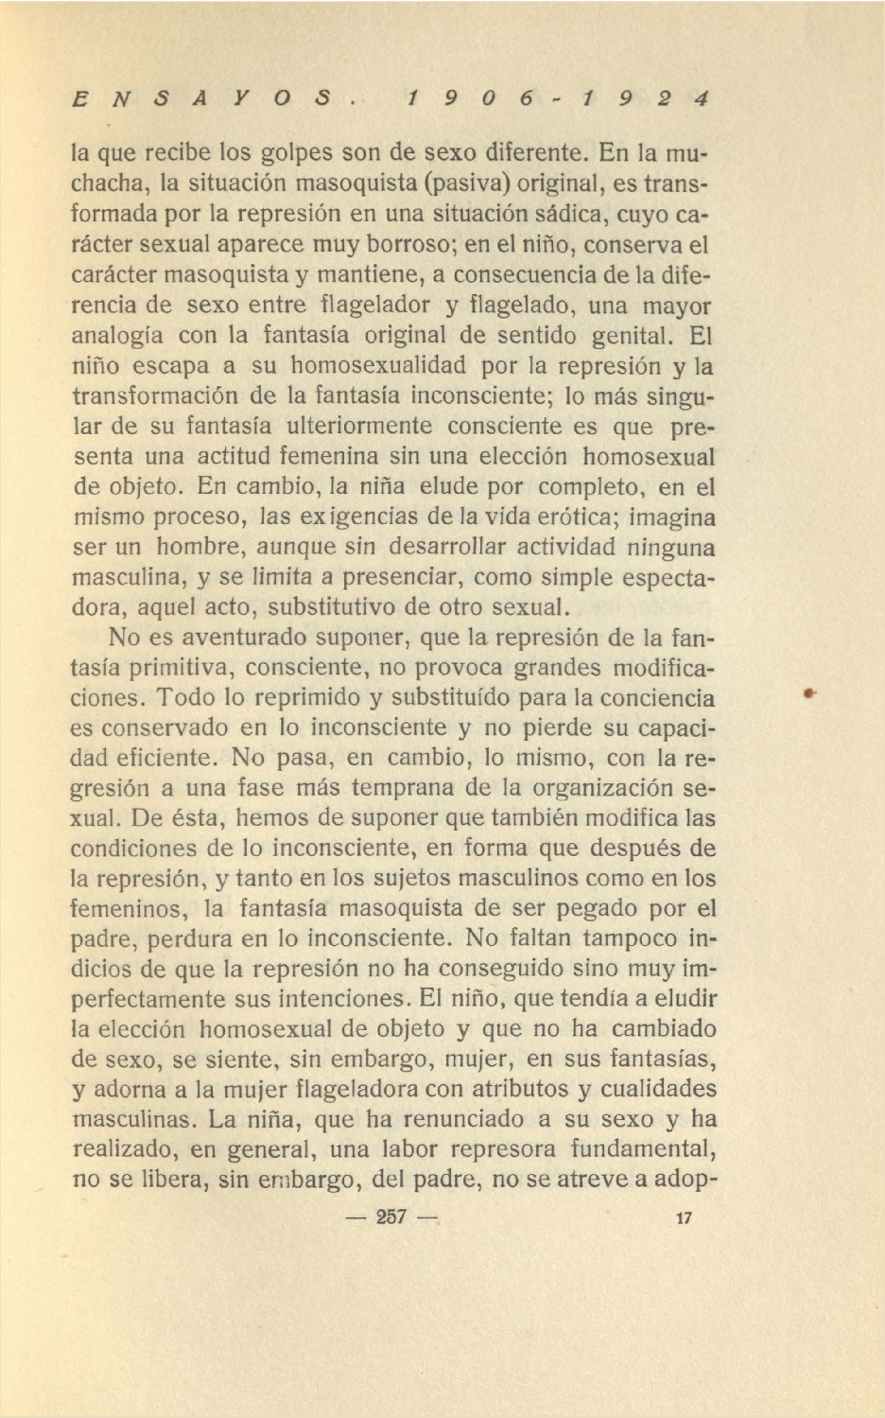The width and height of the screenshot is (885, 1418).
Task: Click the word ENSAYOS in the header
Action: [204, 98]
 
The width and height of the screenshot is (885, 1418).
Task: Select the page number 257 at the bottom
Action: [390, 1217]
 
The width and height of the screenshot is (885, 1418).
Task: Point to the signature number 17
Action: [685, 1217]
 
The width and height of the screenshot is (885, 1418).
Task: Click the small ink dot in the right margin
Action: [809, 693]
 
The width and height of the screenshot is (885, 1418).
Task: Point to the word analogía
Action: [117, 336]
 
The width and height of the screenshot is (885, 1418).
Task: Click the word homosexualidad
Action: [377, 365]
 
